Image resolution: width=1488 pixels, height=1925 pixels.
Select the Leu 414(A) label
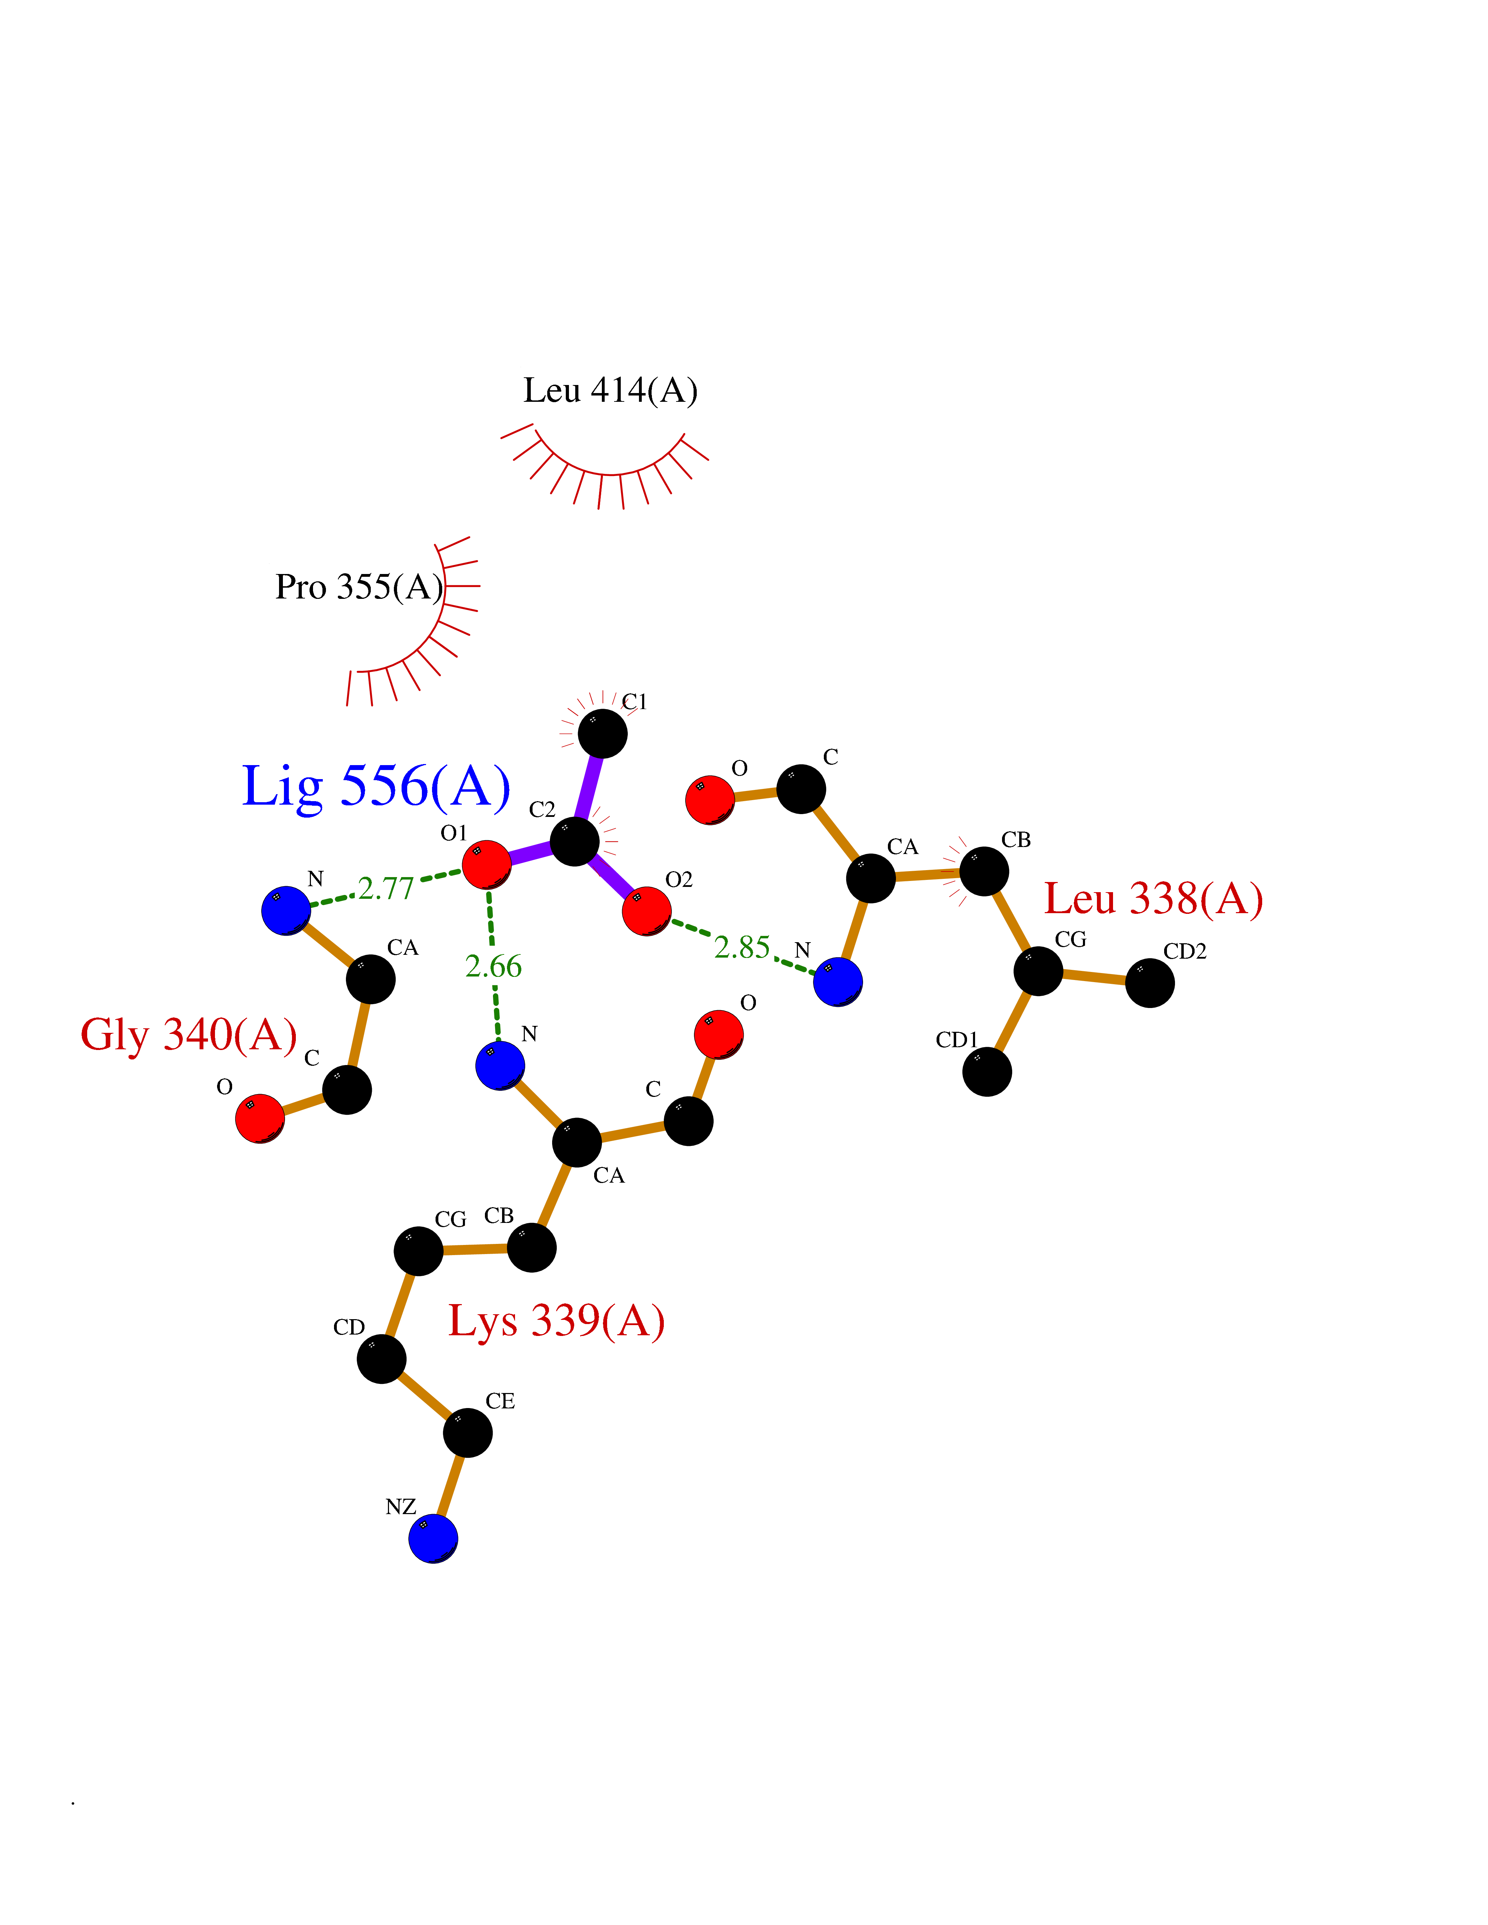[x=610, y=391]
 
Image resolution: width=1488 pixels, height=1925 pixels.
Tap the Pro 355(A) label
[x=359, y=587]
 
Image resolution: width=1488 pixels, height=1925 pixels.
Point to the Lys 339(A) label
[x=556, y=1320]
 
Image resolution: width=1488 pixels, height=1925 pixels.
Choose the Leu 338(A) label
[x=1153, y=899]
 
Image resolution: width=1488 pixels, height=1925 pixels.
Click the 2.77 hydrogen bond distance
[x=386, y=888]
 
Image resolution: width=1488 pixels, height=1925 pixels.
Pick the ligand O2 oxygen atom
[x=646, y=910]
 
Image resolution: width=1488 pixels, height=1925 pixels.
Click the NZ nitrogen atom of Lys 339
[x=433, y=1539]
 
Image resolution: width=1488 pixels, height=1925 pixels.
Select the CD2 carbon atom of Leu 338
[x=1149, y=983]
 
